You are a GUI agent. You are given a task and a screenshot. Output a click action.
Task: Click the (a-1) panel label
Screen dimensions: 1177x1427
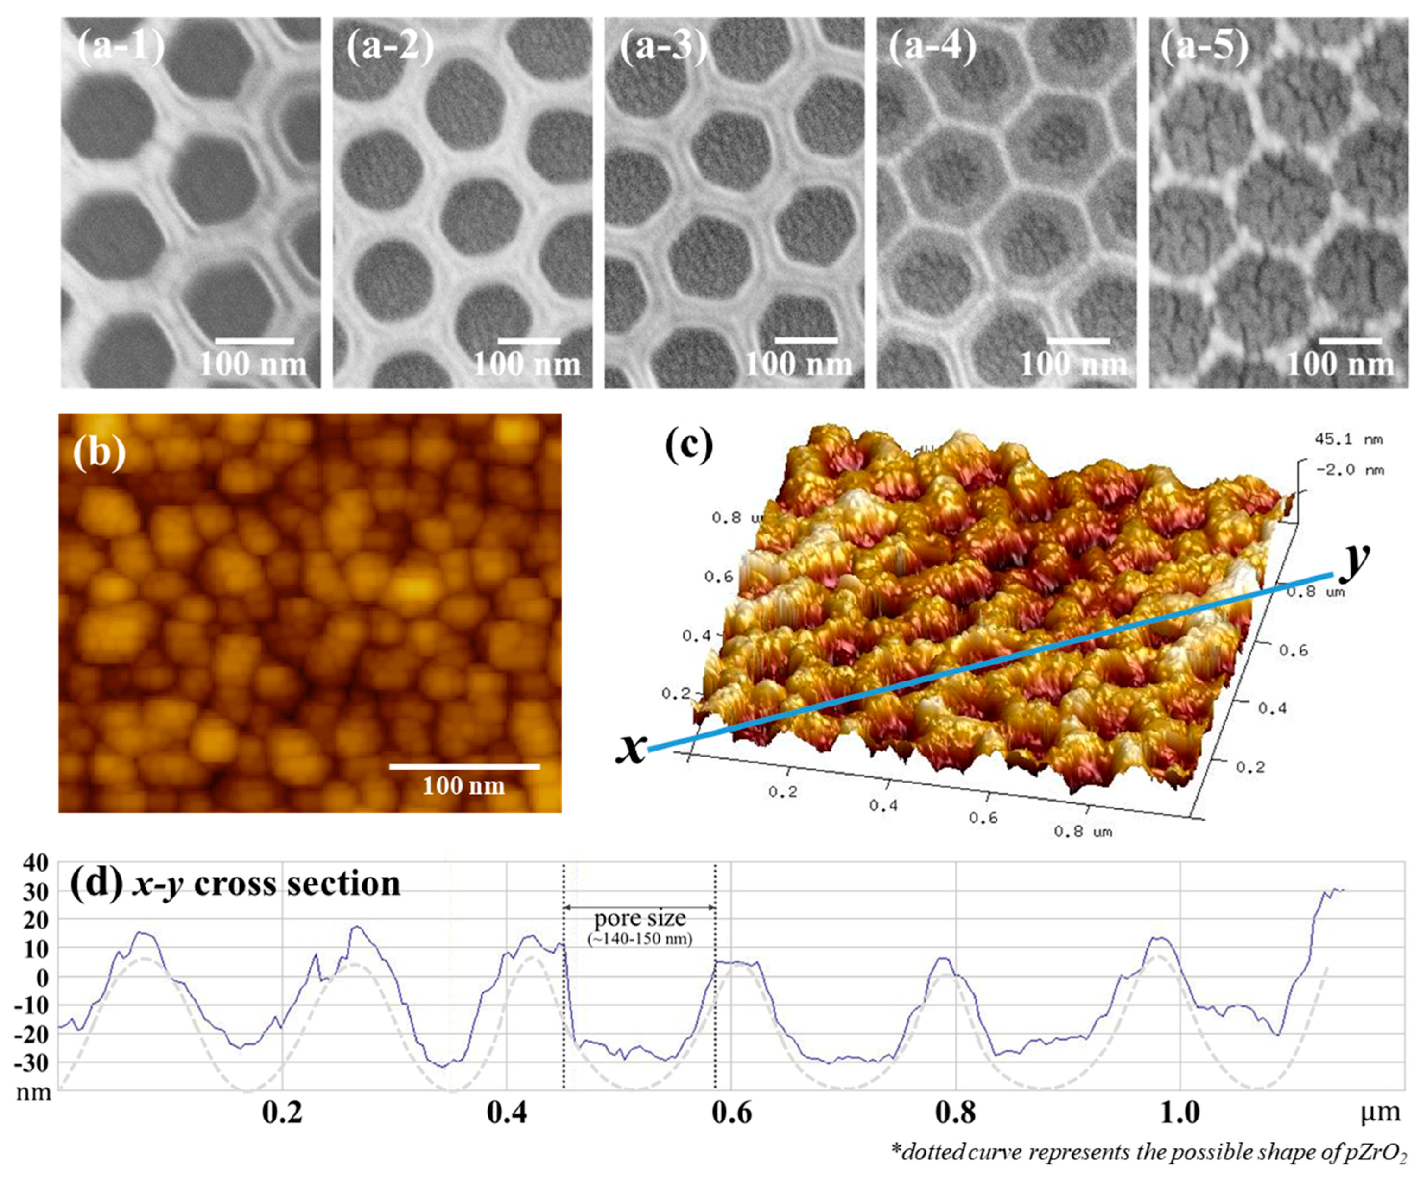[121, 47]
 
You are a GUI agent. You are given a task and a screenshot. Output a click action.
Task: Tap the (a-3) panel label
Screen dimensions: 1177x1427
[663, 47]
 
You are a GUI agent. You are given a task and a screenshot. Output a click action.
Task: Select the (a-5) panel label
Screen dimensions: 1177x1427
[1205, 47]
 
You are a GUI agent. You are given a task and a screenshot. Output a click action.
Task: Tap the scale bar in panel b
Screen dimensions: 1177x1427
[464, 767]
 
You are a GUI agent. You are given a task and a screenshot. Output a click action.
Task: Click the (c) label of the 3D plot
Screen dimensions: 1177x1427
[689, 445]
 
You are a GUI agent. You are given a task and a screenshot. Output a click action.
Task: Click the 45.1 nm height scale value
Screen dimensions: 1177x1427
[1349, 439]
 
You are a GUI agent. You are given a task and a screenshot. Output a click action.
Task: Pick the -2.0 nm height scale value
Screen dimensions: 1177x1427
[1349, 470]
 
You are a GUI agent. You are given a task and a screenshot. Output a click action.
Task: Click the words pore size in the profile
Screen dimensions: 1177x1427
[640, 919]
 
